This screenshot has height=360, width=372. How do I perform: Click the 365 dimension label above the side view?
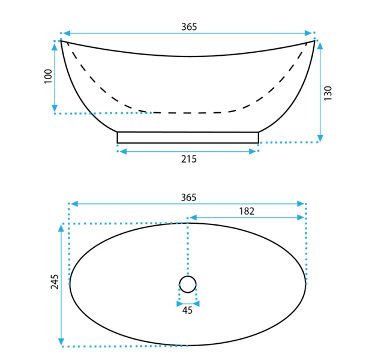(x=189, y=27)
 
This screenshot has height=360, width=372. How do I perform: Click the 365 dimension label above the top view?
(x=188, y=197)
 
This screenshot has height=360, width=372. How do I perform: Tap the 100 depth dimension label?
(x=48, y=76)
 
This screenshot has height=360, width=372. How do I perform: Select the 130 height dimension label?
(x=328, y=93)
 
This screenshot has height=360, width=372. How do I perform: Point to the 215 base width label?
(x=189, y=159)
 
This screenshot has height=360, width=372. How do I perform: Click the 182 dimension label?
(x=247, y=211)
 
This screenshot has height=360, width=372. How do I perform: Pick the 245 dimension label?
(x=55, y=281)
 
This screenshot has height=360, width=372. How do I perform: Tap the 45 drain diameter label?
(x=187, y=310)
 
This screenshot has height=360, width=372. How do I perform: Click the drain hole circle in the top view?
(x=188, y=276)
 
